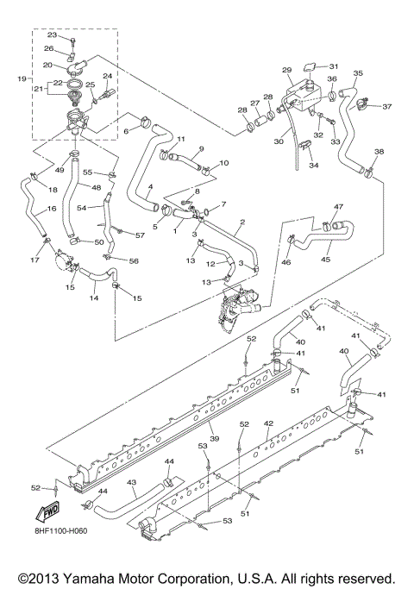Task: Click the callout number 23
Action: coord(51,35)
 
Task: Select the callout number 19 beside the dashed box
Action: coord(22,78)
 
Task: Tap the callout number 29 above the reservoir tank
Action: coord(287,69)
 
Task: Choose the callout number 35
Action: coord(358,74)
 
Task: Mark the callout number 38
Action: coord(379,152)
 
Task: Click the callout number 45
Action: coord(326,258)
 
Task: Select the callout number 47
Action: coord(339,207)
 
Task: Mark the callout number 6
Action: coord(126,131)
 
